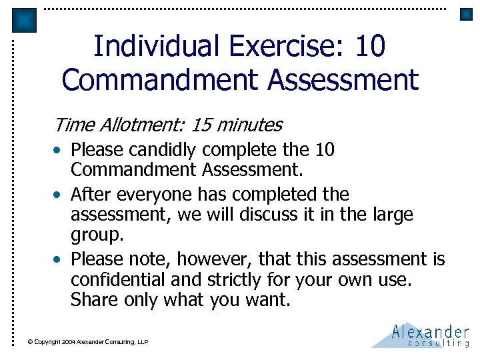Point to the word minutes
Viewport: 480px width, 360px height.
click(249, 125)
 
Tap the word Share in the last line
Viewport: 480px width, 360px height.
click(93, 301)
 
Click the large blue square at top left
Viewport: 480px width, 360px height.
click(25, 21)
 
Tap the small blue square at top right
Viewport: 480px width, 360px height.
click(466, 15)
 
